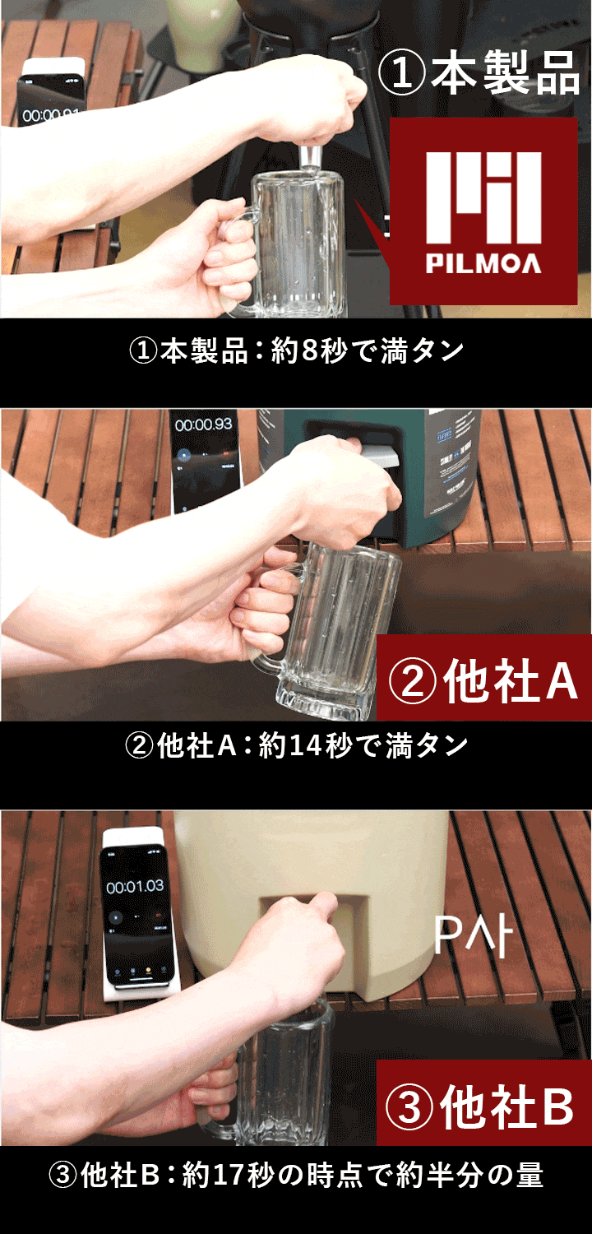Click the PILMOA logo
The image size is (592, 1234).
point(483,212)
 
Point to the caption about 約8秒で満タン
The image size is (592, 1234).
point(296,351)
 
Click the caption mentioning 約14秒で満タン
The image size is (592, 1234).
point(296,746)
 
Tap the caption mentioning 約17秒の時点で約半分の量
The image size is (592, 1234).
point(296,1176)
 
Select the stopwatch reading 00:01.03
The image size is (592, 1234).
point(135,887)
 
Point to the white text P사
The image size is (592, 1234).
point(473,935)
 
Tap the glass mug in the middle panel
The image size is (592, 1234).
point(337,633)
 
